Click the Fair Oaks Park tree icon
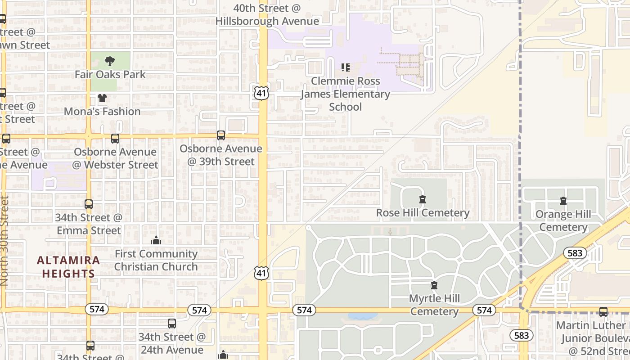pos(109,61)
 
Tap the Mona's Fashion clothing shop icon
pos(102,98)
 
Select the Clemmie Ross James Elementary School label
pos(345,94)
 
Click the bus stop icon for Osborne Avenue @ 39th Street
pos(220,135)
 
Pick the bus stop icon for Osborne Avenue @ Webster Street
pos(115,139)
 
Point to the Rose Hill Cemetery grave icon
pos(422,199)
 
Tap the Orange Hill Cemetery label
pos(563,220)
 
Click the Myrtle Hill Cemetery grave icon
pos(434,285)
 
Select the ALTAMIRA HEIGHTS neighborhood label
pos(68,267)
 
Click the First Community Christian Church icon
pos(156,240)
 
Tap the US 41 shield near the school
pos(261,93)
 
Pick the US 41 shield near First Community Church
pos(261,273)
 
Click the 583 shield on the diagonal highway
pos(575,253)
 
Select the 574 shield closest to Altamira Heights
pos(97,309)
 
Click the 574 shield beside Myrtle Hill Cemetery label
pos(484,310)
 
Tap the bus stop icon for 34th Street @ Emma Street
pos(89,204)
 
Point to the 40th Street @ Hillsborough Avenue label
pos(267,15)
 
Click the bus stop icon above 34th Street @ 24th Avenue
pos(171,323)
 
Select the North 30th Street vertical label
pos(4,241)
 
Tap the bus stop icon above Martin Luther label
pos(603,311)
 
